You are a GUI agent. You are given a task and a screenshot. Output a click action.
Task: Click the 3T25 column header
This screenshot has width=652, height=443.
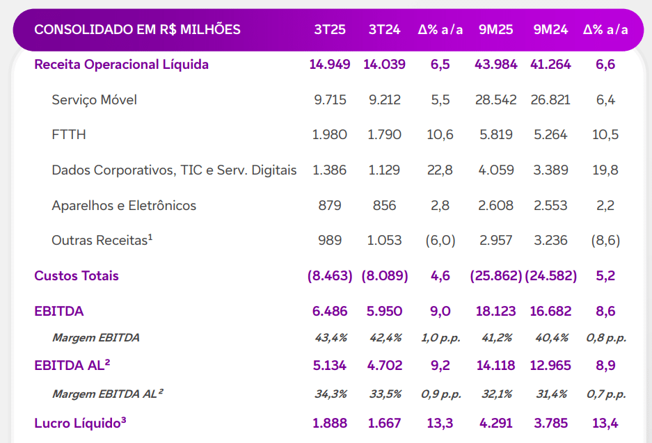tap(330, 29)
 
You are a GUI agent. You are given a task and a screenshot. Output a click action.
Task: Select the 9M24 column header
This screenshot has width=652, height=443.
tap(550, 29)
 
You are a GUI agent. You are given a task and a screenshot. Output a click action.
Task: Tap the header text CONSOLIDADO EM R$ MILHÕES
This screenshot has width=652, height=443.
tap(137, 29)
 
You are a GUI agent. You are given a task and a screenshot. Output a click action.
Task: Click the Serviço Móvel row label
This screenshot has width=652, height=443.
tap(94, 100)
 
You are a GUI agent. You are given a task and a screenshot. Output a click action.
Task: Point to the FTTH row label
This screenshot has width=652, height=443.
tap(69, 135)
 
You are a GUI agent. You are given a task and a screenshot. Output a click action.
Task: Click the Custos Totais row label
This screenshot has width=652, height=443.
tap(77, 276)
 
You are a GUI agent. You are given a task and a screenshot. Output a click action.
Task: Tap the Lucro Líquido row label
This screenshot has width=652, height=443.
tap(80, 423)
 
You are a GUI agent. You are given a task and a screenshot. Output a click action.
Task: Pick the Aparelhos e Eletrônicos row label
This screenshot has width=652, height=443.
tap(124, 206)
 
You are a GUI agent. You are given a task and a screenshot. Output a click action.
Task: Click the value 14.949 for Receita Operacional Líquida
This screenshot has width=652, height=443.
tap(330, 65)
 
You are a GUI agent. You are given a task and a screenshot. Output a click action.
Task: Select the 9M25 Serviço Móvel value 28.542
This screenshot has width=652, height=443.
tap(495, 100)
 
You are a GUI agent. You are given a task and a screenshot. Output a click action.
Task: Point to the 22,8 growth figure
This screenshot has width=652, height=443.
tap(440, 170)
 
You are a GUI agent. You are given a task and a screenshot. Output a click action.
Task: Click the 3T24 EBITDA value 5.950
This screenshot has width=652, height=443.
tap(384, 311)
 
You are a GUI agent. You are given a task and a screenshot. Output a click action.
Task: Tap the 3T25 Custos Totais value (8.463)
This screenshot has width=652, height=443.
tap(330, 276)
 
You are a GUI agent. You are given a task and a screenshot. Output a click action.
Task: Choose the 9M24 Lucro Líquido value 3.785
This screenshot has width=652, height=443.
tap(550, 423)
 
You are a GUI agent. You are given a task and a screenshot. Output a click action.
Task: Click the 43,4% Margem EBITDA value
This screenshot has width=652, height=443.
tap(331, 338)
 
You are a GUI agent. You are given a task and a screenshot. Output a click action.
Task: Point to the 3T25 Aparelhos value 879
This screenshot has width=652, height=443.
tap(330, 206)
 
